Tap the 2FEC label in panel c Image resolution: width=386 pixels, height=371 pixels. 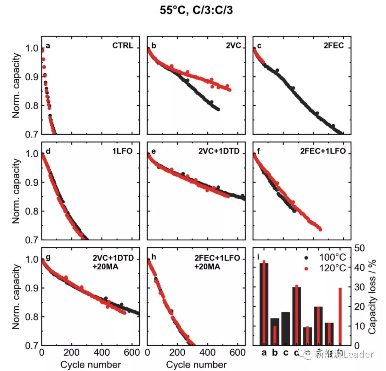[x=333, y=46]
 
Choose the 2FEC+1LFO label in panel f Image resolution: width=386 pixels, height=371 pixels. [x=323, y=151]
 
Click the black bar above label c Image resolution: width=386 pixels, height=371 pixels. [x=286, y=329]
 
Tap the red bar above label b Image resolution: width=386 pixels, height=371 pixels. [x=275, y=336]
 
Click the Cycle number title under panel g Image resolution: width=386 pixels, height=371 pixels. [x=90, y=365]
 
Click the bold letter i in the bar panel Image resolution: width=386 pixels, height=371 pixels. [x=258, y=257]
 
